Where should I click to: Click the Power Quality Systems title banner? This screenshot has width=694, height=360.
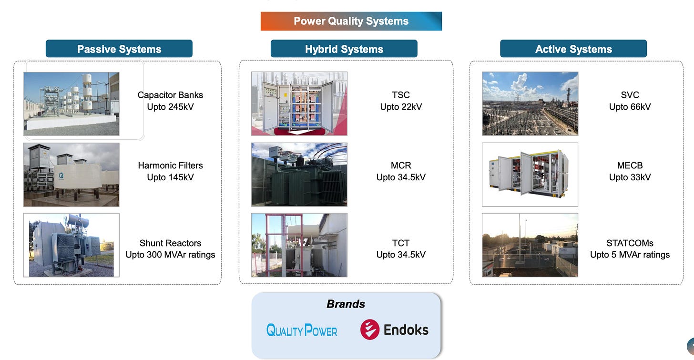(x=351, y=21)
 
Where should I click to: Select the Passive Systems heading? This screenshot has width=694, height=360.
(x=119, y=49)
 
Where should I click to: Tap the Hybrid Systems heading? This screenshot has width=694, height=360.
(x=344, y=49)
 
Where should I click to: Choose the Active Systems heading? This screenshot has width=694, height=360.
(x=573, y=49)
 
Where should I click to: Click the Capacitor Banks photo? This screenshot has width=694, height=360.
(x=71, y=103)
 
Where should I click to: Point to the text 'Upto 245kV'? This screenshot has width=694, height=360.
(x=170, y=107)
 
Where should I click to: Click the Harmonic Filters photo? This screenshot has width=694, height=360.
(x=71, y=175)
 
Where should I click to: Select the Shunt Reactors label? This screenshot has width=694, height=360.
(x=170, y=243)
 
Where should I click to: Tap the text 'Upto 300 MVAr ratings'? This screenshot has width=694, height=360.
(x=170, y=255)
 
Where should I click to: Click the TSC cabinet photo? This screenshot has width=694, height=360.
(x=299, y=103)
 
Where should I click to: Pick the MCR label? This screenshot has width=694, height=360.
(x=401, y=165)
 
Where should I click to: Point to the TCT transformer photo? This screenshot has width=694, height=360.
(x=299, y=245)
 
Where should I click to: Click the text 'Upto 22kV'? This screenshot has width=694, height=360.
(x=401, y=107)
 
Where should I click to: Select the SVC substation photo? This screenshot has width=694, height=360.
(x=530, y=103)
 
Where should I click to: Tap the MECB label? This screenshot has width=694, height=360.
(x=630, y=165)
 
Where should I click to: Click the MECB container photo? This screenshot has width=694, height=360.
(x=530, y=175)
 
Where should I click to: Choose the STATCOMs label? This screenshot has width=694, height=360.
(x=630, y=243)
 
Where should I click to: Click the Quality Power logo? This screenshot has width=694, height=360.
(x=302, y=330)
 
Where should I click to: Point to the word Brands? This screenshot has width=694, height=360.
(x=346, y=304)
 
